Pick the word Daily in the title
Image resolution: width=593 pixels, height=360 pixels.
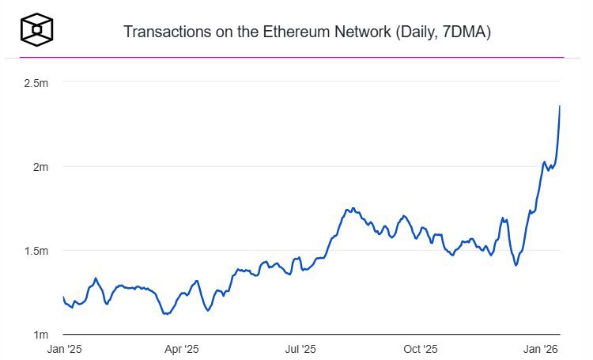coord(419,32)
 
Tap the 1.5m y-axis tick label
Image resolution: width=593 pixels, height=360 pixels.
coord(37,251)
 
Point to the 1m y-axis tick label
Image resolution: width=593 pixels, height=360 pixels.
coord(41,335)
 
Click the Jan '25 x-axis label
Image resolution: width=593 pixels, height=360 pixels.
coord(65,349)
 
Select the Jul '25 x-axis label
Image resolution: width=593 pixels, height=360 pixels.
coord(301,349)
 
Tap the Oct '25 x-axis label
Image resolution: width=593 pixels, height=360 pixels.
coord(421,349)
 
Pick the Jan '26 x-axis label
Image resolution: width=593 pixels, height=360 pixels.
coord(541,349)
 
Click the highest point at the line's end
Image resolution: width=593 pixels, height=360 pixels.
coord(560,106)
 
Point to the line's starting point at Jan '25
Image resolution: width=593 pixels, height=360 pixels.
coord(63,297)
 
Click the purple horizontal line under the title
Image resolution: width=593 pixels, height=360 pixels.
coord(296,57)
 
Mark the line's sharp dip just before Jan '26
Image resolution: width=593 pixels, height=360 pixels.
coord(516,265)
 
